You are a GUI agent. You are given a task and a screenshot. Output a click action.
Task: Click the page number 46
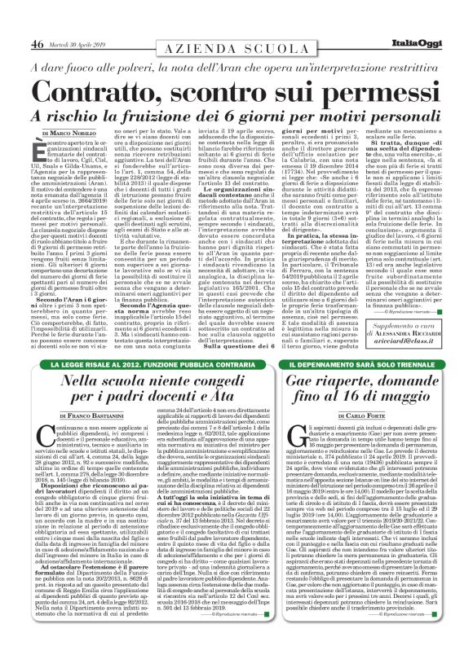coord(38,21)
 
